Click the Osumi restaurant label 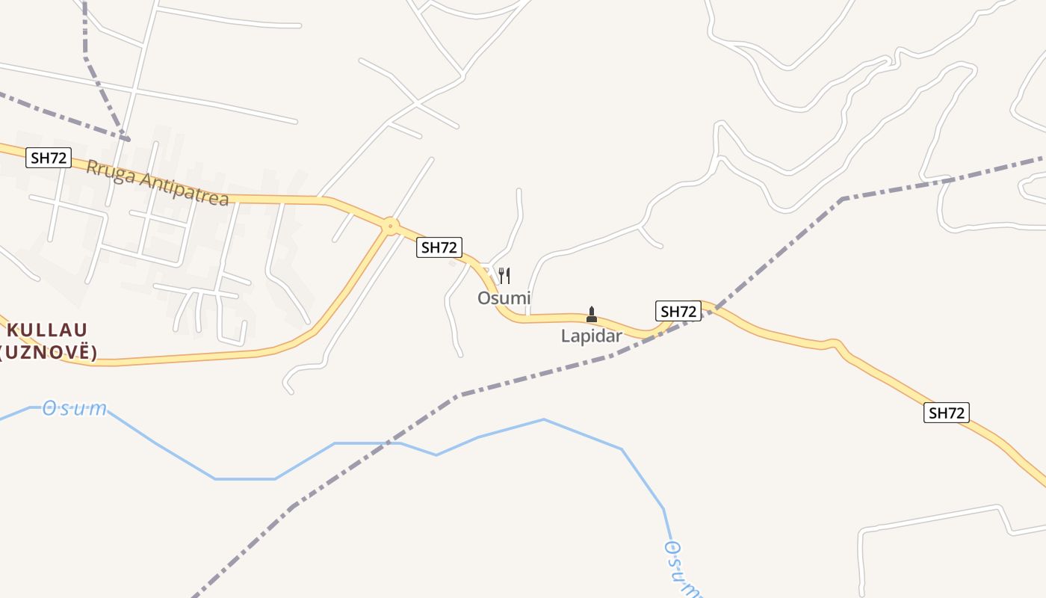[504, 298]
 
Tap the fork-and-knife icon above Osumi [504, 276]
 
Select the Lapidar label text [591, 336]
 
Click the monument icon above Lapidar [592, 314]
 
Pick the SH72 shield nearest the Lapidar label [678, 311]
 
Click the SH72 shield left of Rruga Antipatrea [49, 158]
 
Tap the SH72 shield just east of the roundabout [439, 247]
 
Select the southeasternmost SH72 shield [947, 413]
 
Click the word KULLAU [48, 330]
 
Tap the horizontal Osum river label [74, 409]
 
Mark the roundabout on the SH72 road [389, 225]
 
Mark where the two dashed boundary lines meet [129, 139]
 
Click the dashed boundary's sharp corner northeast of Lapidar [842, 199]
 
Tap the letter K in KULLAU [13, 330]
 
